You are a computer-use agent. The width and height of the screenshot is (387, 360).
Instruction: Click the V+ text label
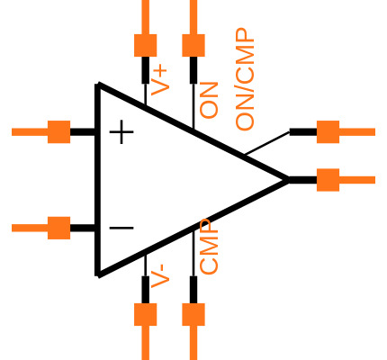[159, 80]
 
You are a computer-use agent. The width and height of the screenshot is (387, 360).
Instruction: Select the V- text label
[159, 275]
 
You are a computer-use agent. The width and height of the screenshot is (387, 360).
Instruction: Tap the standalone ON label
[209, 100]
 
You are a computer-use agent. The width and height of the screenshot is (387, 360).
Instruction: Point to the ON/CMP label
[245, 79]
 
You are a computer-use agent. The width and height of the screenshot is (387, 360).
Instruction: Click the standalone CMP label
[209, 247]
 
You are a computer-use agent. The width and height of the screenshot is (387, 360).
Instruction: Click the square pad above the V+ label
[146, 45]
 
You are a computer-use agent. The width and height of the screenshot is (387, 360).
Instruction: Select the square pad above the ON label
[193, 45]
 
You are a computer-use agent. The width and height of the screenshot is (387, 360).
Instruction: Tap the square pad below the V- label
[146, 314]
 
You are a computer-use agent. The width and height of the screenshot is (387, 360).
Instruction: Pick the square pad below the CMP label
[193, 314]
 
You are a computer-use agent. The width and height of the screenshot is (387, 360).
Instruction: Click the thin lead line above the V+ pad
[146, 16]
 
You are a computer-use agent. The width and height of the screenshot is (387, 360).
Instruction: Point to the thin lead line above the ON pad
[193, 16]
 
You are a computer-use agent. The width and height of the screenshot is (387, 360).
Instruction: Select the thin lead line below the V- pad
[146, 343]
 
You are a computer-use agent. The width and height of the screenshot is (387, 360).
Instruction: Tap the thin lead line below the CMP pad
[193, 343]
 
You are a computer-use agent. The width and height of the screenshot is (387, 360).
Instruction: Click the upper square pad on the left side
[58, 131]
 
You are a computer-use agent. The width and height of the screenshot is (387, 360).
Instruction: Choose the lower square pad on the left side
[58, 228]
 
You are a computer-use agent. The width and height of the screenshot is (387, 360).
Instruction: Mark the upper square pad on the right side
[328, 131]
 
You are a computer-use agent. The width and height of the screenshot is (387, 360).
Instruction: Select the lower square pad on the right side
[328, 180]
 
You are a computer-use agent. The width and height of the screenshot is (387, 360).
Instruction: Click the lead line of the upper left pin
[29, 131]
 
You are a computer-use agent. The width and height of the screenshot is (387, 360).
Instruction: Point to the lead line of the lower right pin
[357, 180]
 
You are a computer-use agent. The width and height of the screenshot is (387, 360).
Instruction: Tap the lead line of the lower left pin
[29, 228]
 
